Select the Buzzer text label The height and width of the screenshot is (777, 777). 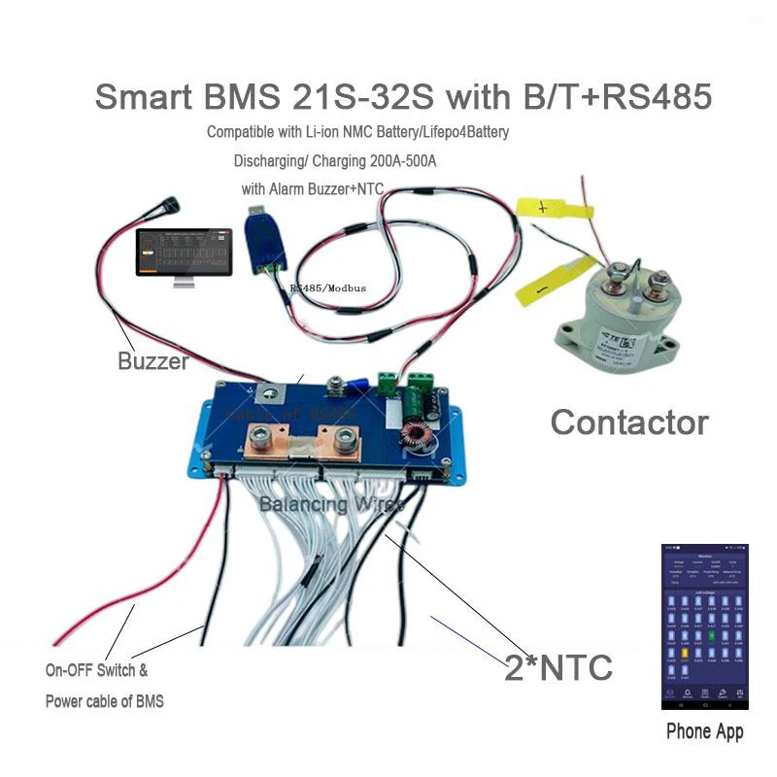pyautogui.click(x=152, y=362)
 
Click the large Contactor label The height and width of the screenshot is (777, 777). pyautogui.click(x=629, y=422)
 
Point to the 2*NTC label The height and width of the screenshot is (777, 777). pyautogui.click(x=558, y=667)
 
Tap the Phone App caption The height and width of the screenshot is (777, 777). pyautogui.click(x=704, y=731)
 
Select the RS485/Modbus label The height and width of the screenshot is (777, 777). pyautogui.click(x=326, y=288)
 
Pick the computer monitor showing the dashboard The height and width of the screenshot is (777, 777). pyautogui.click(x=183, y=256)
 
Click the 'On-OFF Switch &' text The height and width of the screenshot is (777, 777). pyautogui.click(x=96, y=669)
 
